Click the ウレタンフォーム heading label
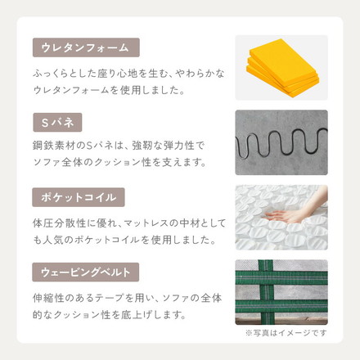pyautogui.click(x=86, y=47)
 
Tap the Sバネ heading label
pyautogui.click(x=57, y=123)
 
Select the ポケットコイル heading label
pyautogui.click(x=79, y=197)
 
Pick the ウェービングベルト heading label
pyautogui.click(x=86, y=272)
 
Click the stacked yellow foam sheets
pyautogui.click(x=283, y=68)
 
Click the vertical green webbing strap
pyautogui.click(x=266, y=292)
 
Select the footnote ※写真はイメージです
pyautogui.click(x=286, y=333)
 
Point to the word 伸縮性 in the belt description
pyautogui.click(x=48, y=298)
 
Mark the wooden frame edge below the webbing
pyautogui.click(x=281, y=321)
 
